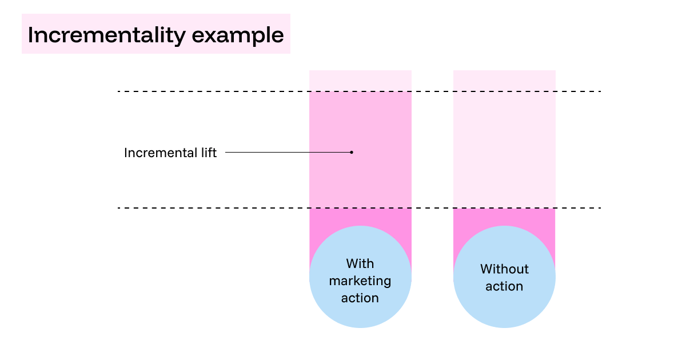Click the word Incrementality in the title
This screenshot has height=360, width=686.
click(x=106, y=35)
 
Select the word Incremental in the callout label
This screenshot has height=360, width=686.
click(x=158, y=153)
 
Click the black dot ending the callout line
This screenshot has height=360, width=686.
click(x=352, y=152)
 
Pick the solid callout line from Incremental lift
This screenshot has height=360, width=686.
click(x=286, y=152)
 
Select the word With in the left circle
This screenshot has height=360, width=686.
click(x=360, y=263)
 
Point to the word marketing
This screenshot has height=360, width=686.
click(x=360, y=281)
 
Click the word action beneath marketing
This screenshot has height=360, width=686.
click(x=360, y=298)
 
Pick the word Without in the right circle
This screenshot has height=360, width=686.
click(x=504, y=269)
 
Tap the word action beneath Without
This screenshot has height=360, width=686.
click(x=504, y=286)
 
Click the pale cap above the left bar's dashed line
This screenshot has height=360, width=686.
click(x=360, y=81)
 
